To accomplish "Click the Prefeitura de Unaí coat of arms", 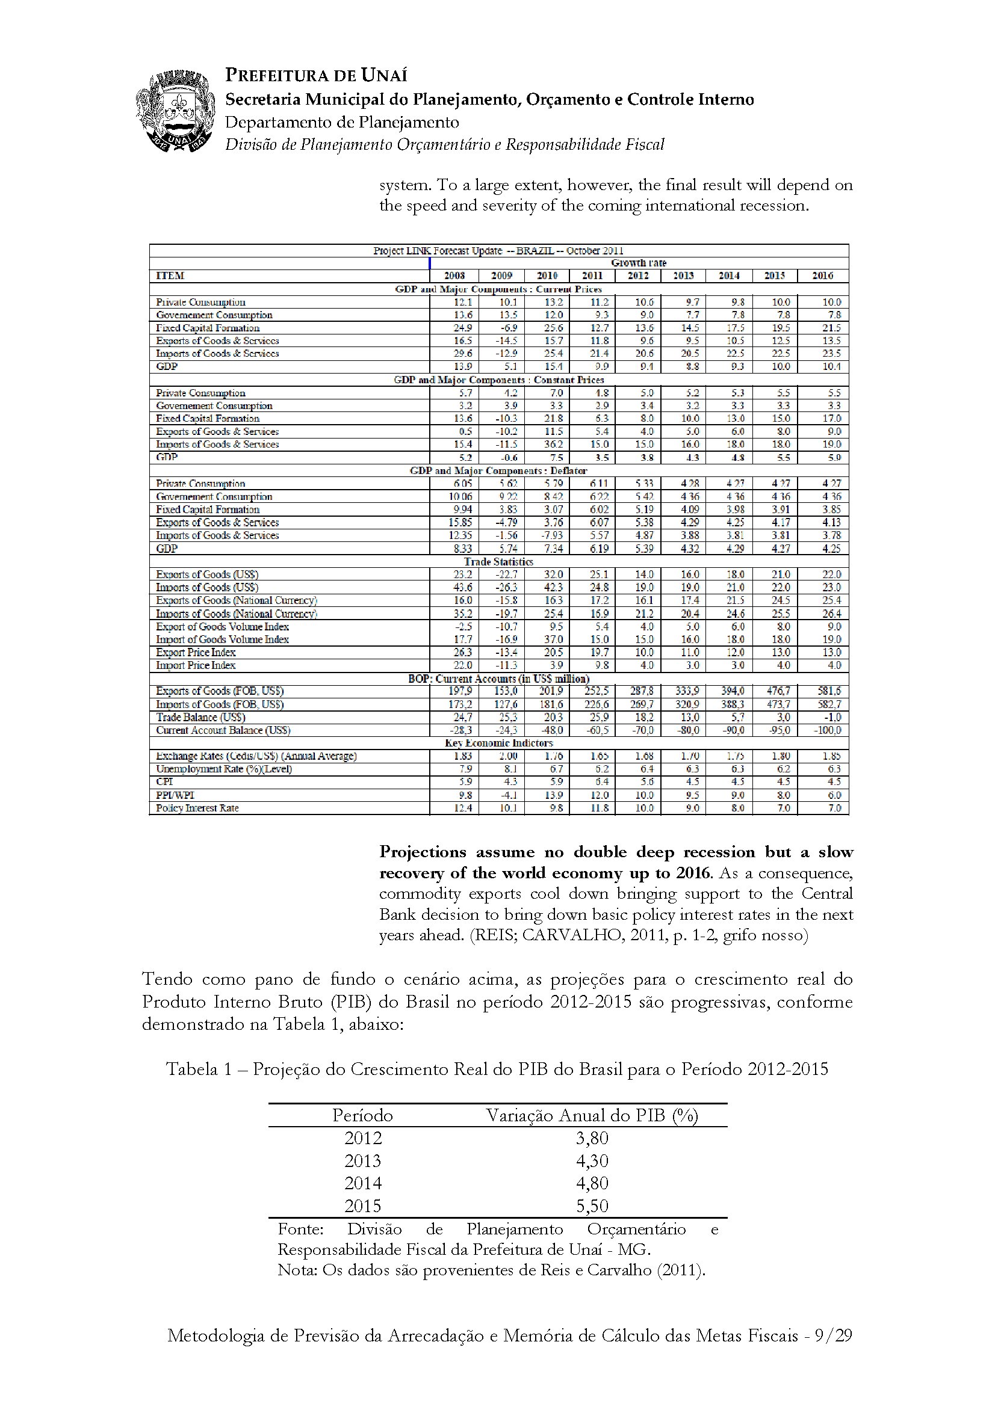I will click(175, 111).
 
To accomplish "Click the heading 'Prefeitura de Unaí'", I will click(316, 75).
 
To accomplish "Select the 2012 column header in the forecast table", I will click(637, 276).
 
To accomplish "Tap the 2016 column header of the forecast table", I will click(822, 276).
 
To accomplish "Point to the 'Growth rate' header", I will click(638, 263).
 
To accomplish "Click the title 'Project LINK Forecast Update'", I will click(498, 251).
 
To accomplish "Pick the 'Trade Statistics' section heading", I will click(498, 561).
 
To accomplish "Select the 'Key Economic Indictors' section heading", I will click(498, 743).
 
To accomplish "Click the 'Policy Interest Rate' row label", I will click(197, 808).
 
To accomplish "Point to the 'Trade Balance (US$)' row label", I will click(200, 717).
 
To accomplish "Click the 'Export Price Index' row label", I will click(196, 652).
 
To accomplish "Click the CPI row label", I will click(164, 781).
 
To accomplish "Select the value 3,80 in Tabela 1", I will click(592, 1138).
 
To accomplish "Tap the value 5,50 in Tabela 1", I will click(592, 1206).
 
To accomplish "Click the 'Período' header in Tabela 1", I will click(362, 1115).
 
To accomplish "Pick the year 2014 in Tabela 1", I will click(362, 1183).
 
